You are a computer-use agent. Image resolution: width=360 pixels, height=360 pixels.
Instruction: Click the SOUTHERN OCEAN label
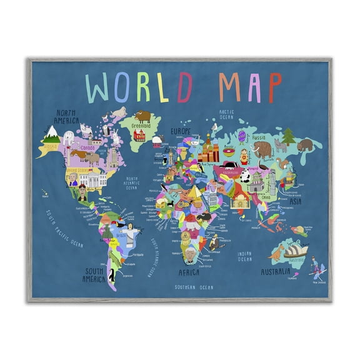click(195, 287)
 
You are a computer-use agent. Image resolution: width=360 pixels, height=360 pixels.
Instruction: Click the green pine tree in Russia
click(288, 136)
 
